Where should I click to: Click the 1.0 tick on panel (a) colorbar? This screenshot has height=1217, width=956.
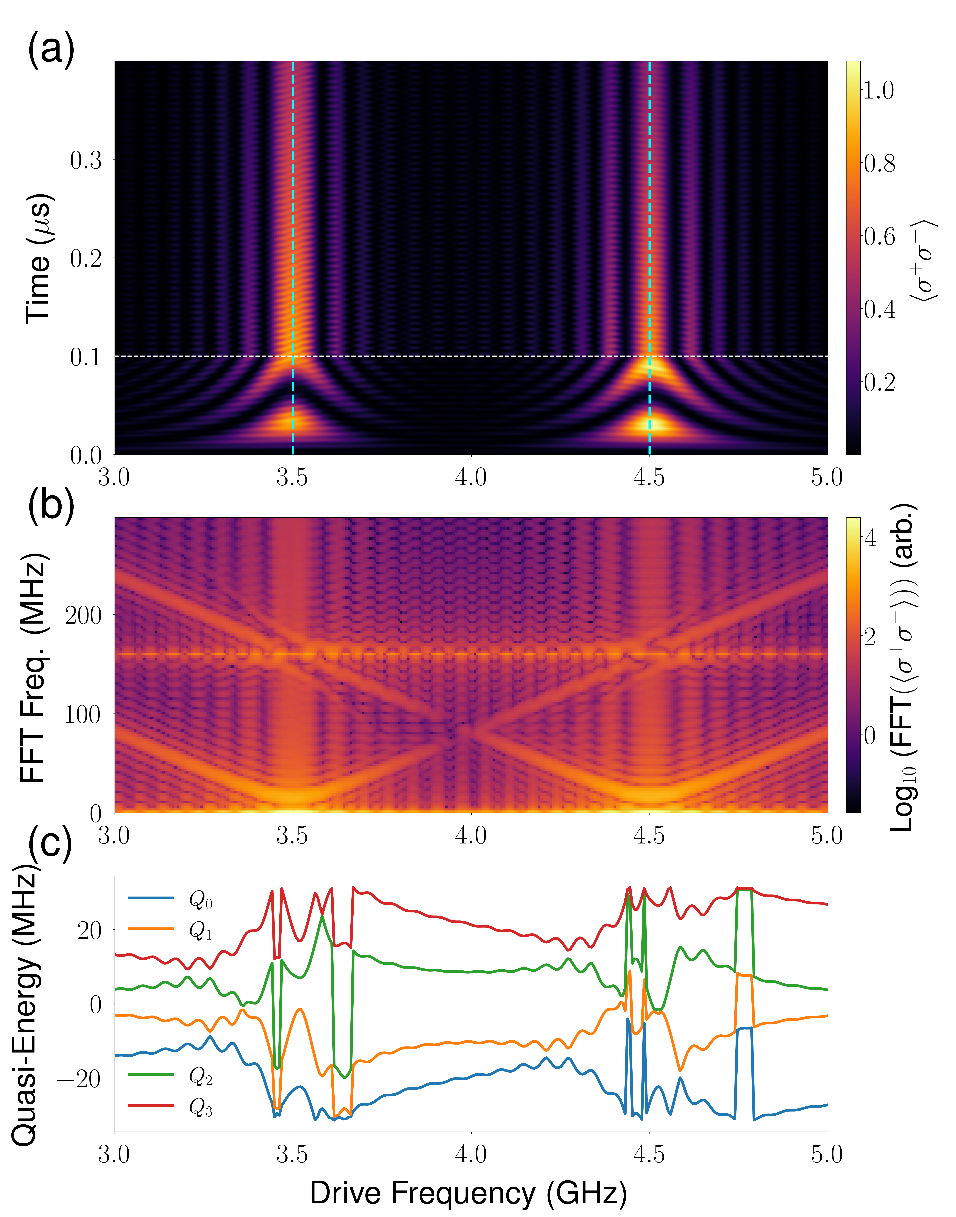click(x=879, y=90)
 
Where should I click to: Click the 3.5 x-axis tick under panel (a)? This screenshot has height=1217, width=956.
click(x=292, y=478)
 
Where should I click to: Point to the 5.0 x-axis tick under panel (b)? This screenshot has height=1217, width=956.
click(x=827, y=836)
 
